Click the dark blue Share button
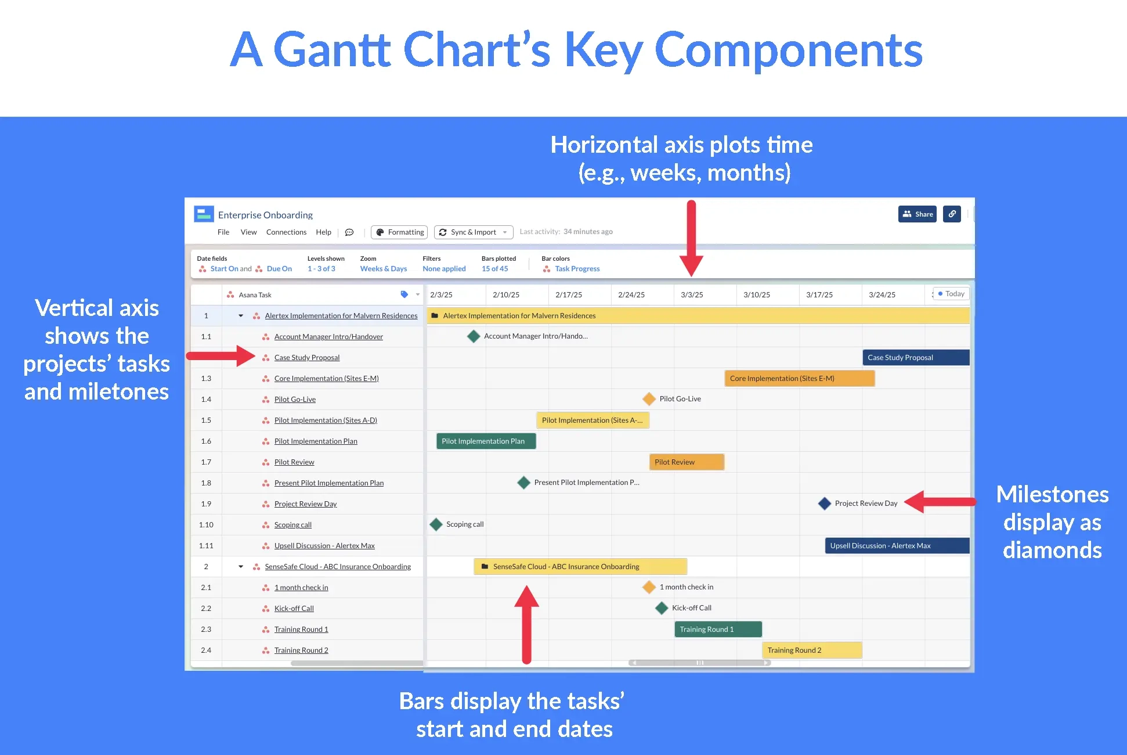click(x=917, y=214)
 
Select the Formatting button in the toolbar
click(x=399, y=232)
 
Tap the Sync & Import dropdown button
click(x=474, y=232)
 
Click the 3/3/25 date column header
click(x=692, y=295)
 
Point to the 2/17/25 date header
click(x=568, y=295)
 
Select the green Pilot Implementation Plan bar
click(x=486, y=441)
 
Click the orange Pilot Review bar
click(x=687, y=462)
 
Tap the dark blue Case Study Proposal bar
click(x=916, y=358)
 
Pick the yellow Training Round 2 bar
click(x=811, y=650)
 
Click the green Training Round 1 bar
click(x=718, y=630)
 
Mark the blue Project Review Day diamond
click(x=824, y=504)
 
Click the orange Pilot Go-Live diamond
click(x=649, y=399)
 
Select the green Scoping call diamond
click(x=436, y=524)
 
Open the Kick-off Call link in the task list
click(x=294, y=609)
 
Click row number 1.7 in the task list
click(x=206, y=462)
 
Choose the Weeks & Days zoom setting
click(x=383, y=269)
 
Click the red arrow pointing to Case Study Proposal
click(x=221, y=356)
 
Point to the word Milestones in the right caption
click(x=1052, y=494)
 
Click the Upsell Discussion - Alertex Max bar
click(x=897, y=546)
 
